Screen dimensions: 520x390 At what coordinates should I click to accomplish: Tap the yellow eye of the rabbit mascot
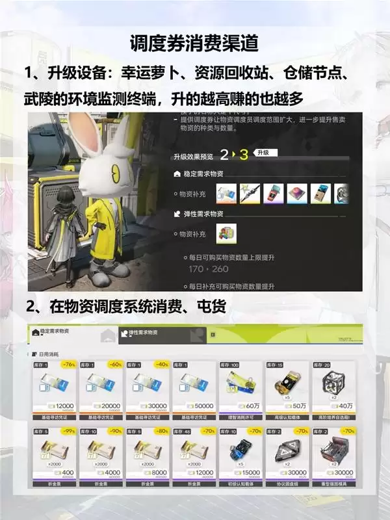pos(115,172)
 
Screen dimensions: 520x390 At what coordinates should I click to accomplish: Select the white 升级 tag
pos(266,153)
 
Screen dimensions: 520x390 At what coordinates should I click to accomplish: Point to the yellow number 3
pos(244,154)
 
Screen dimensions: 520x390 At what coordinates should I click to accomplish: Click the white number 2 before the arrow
pos(224,155)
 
